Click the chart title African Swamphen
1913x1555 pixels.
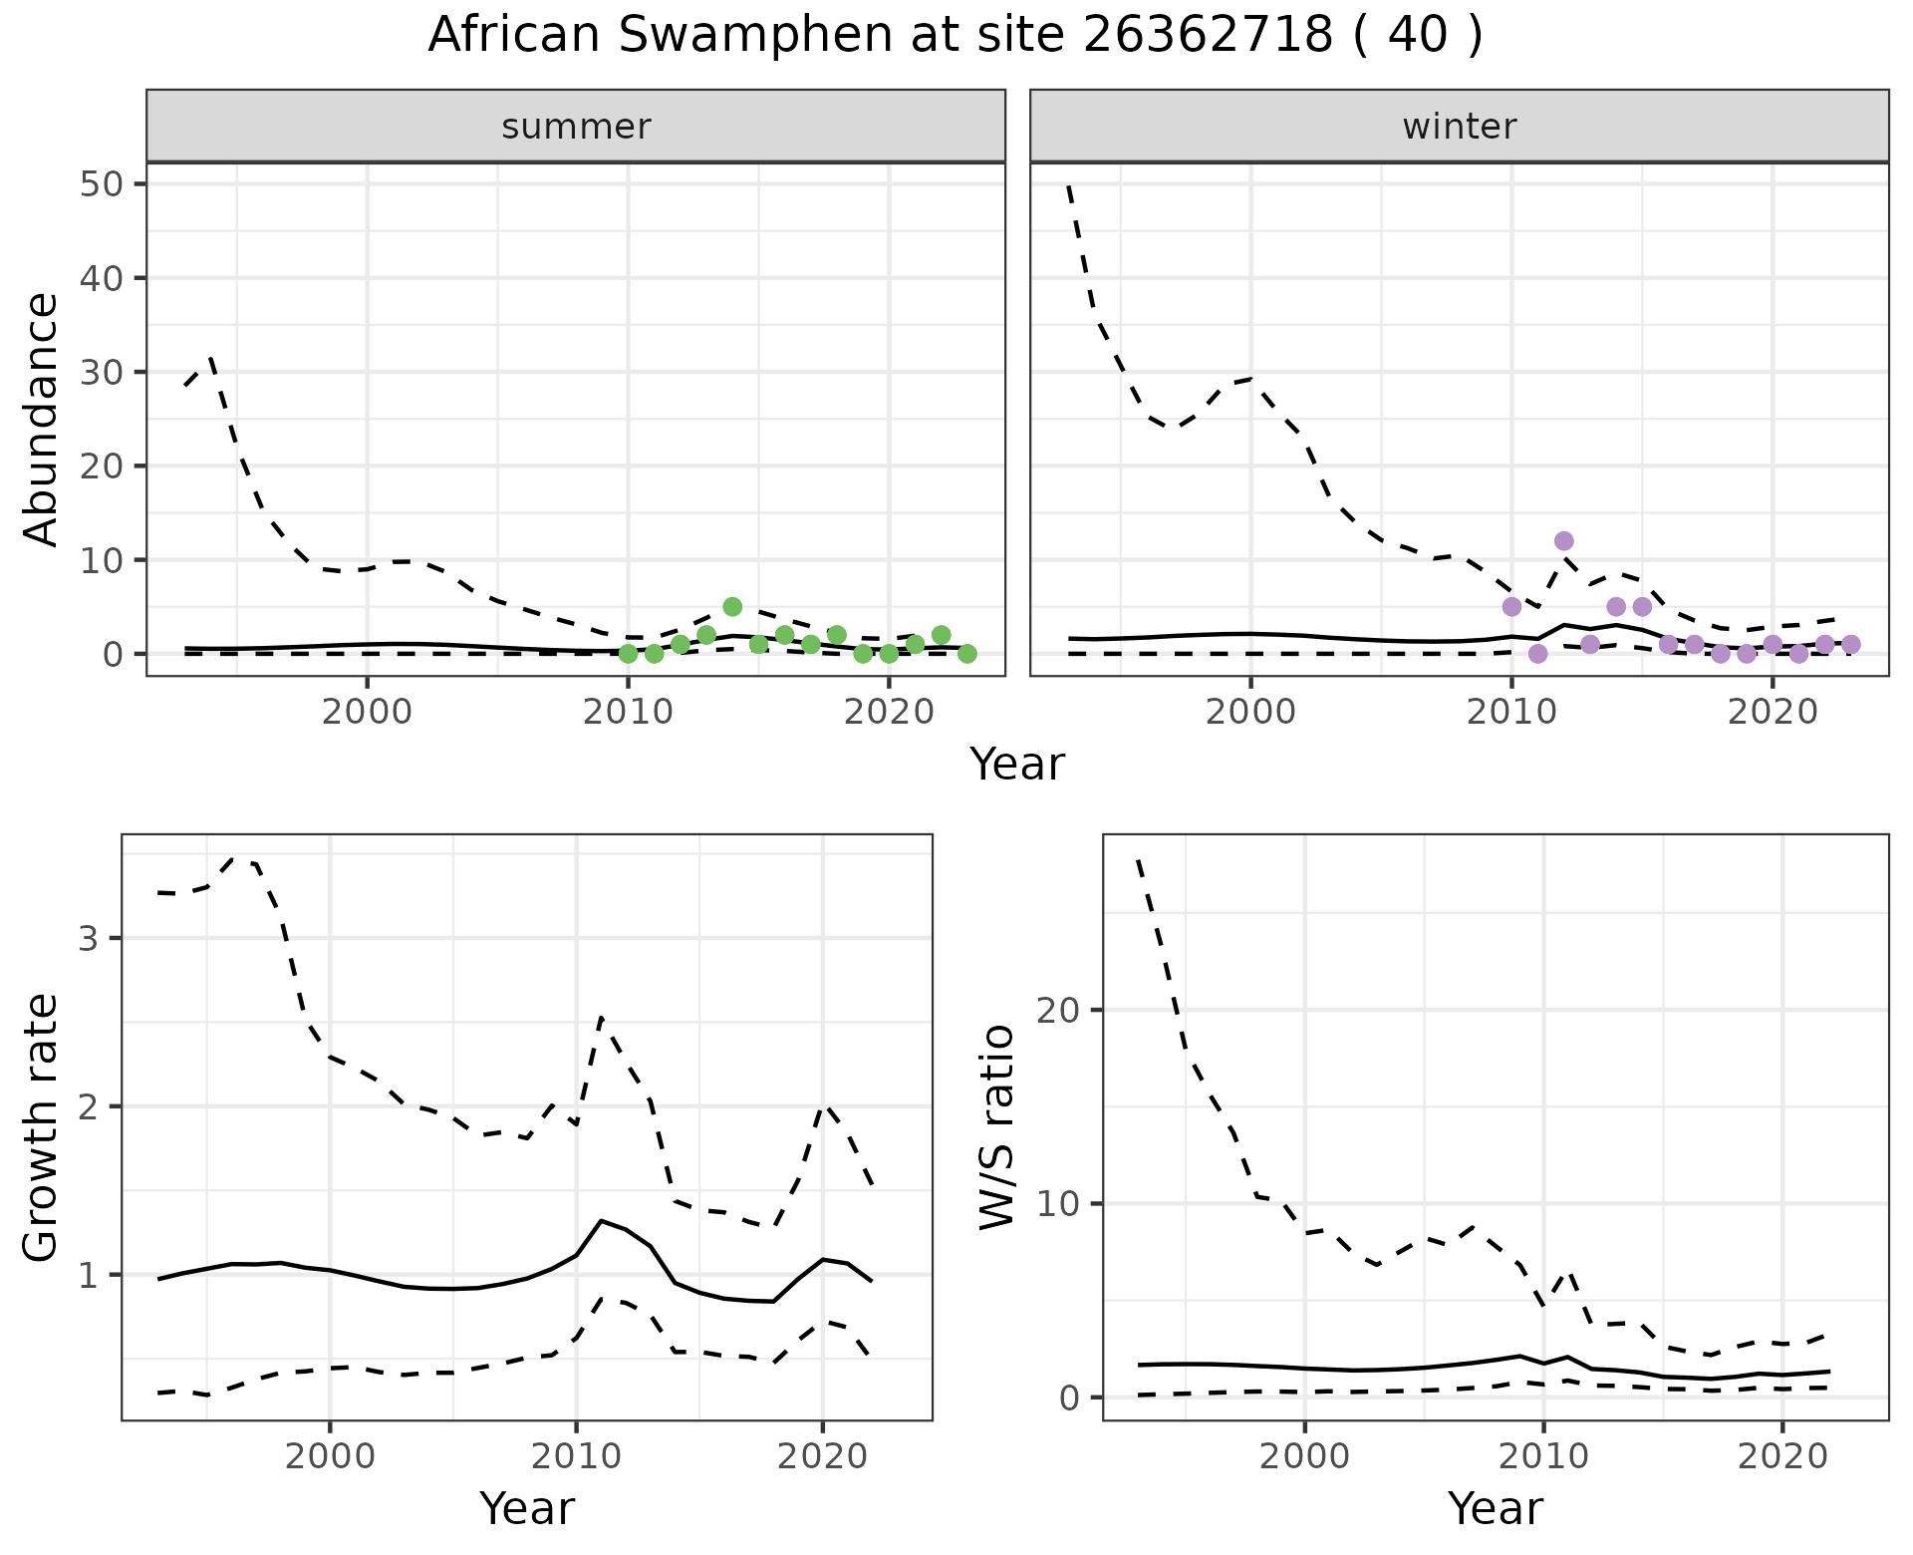[x=955, y=36]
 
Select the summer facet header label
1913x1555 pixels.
[x=576, y=127]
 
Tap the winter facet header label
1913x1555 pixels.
[x=1459, y=127]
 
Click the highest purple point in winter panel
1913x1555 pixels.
[x=1563, y=541]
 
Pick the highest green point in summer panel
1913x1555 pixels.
[x=732, y=607]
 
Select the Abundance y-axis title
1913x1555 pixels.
[x=42, y=419]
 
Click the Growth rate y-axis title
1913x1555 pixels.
[x=42, y=1126]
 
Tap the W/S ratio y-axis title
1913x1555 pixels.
[x=997, y=1126]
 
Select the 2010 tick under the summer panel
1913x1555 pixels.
[x=628, y=713]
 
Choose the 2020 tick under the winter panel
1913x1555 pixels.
[x=1772, y=713]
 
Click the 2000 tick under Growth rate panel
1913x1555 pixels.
[x=330, y=1456]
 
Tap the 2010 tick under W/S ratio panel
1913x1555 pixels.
[x=1543, y=1456]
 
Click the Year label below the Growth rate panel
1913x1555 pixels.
[x=526, y=1508]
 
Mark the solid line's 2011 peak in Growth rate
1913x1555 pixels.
[x=601, y=1220]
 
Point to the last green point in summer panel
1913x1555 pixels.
[x=966, y=654]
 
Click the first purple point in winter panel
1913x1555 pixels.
[x=1511, y=607]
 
